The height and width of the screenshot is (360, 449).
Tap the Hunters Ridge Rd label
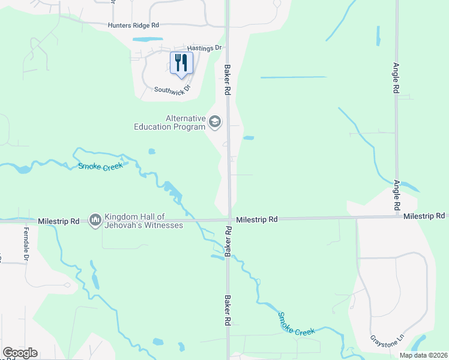pos(133,25)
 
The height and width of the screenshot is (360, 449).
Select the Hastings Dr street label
pos(205,47)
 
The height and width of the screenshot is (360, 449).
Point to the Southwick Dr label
pos(172,89)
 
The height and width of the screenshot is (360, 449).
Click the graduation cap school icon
pos(214,123)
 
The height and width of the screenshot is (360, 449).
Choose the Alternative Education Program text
pos(169,123)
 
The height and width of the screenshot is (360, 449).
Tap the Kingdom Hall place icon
pos(95,221)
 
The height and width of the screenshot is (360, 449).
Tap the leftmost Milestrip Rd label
pos(58,221)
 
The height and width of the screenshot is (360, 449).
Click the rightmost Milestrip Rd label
pos(424,216)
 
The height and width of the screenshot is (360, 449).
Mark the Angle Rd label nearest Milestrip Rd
pos(397,194)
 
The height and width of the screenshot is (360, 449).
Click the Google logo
pos(20,353)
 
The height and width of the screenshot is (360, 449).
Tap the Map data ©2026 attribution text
pos(423,355)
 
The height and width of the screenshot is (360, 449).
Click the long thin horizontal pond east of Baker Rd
pos(294,77)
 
